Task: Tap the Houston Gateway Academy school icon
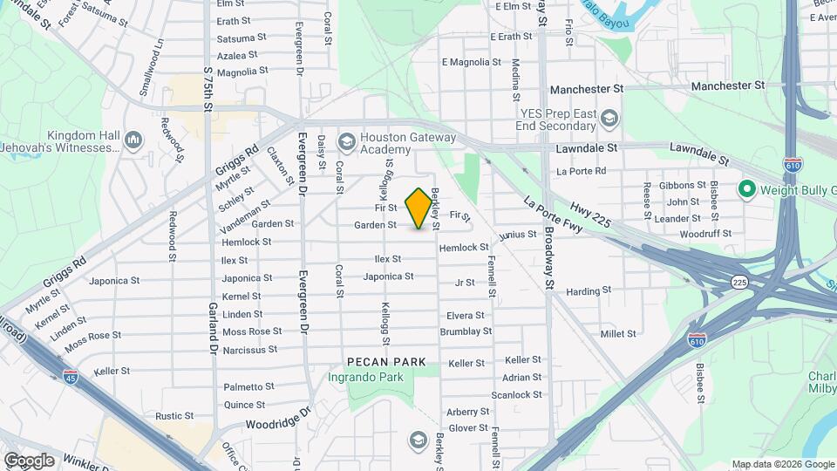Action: coord(347,141)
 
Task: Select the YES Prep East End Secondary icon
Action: coord(609,119)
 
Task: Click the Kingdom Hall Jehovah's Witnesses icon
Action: coord(133,140)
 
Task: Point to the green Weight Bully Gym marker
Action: coord(746,188)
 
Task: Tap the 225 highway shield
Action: coord(740,283)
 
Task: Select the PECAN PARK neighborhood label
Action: coord(386,361)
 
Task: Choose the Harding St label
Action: coord(589,290)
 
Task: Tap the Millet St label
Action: coord(618,334)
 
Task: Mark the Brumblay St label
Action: coord(466,331)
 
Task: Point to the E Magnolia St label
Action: coord(472,62)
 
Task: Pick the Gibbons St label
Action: coord(683,185)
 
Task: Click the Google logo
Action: coord(29,460)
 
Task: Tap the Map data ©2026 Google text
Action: coord(782,464)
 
